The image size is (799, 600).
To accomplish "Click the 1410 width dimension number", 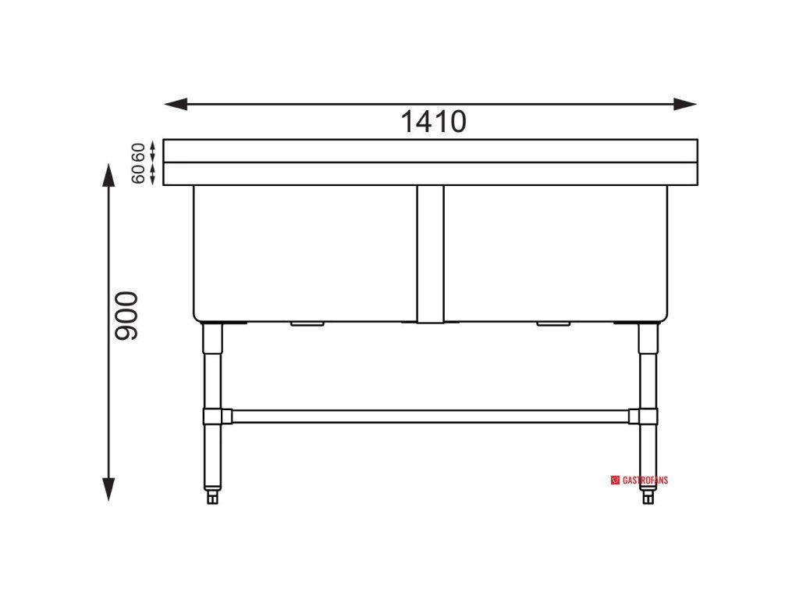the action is (433, 122).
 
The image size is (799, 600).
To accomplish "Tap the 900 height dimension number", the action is (126, 316).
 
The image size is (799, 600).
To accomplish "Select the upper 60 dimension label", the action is (138, 152).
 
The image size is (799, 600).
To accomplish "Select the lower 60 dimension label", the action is (138, 174).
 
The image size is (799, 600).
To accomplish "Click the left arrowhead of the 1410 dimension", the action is (176, 104).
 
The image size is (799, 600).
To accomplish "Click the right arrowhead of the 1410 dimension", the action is (685, 104).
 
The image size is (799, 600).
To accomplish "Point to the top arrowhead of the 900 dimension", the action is (108, 176).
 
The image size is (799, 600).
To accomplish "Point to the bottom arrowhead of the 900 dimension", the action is (108, 489).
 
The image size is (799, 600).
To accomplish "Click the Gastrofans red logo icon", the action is (615, 480).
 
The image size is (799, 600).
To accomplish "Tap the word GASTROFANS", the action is (645, 480).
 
